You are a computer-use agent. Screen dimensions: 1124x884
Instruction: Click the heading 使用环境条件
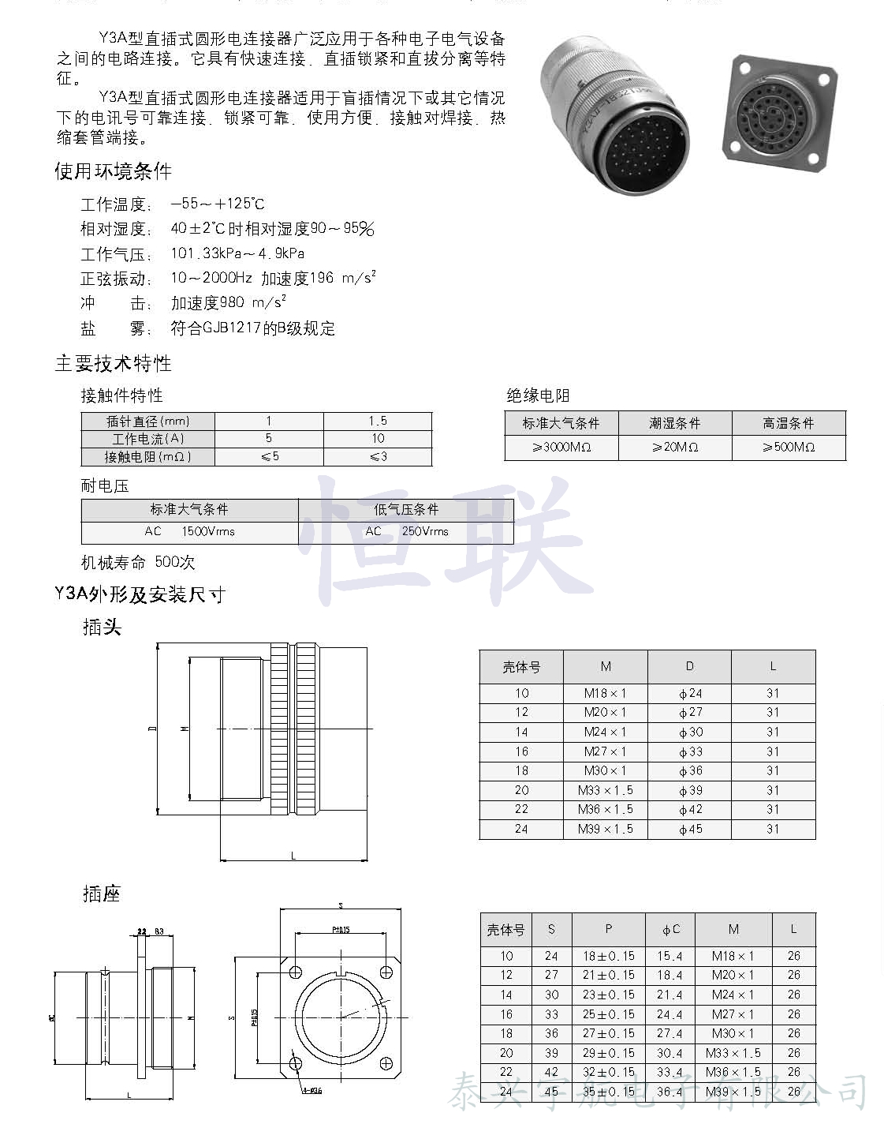[x=113, y=171]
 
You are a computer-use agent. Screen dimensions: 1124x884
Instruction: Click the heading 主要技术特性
[x=113, y=363]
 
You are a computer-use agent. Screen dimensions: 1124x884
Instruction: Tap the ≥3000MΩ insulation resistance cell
[x=561, y=447]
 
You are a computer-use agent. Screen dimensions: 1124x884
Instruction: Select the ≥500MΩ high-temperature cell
[x=789, y=447]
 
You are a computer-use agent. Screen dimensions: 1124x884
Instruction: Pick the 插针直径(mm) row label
[x=148, y=421]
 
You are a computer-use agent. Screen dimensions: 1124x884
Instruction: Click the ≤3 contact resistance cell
[x=378, y=456]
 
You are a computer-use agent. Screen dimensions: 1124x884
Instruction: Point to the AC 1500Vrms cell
[x=189, y=531]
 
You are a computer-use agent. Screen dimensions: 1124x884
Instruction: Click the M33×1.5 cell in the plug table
[x=606, y=790]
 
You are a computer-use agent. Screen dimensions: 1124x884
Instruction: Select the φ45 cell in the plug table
[x=690, y=829]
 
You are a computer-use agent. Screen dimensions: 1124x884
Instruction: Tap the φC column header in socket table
[x=670, y=930]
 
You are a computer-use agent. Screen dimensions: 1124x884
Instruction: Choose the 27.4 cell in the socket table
[x=670, y=1033]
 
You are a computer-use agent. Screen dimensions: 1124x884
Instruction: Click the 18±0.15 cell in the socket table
[x=608, y=956]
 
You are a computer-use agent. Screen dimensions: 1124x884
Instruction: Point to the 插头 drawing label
[x=102, y=628]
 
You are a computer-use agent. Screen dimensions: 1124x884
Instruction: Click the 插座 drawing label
[x=102, y=894]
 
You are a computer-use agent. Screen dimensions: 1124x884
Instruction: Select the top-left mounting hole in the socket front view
[x=296, y=972]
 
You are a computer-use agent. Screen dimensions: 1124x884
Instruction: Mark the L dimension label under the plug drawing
[x=293, y=856]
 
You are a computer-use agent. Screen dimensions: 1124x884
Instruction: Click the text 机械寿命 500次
[x=138, y=562]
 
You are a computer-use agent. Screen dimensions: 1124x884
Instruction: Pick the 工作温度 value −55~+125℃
[x=218, y=204]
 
